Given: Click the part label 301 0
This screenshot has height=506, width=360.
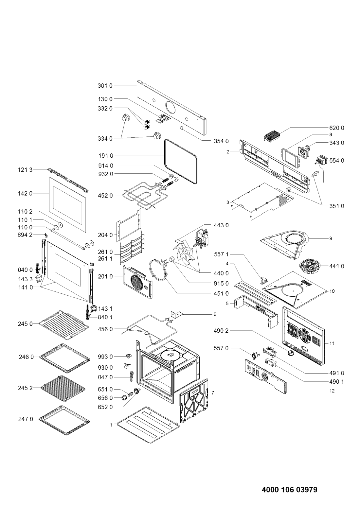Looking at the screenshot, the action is [x=105, y=86].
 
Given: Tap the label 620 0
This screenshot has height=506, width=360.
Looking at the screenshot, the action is [x=337, y=128].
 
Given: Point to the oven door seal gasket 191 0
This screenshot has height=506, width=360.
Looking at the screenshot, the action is [x=180, y=162].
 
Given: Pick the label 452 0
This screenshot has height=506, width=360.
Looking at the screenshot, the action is [x=105, y=195].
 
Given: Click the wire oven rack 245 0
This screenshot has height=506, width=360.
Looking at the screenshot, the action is [x=64, y=325].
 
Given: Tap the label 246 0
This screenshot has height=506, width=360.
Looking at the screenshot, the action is [x=27, y=357].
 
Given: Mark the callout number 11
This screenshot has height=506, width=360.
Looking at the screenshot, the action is [x=332, y=343].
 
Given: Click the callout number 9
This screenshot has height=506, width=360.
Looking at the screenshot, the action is [x=331, y=238].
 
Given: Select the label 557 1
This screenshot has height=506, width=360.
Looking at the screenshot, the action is [x=221, y=254].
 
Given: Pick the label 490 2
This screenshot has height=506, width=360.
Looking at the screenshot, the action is [x=221, y=331].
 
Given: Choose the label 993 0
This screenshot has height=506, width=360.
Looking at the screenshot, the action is [x=105, y=357].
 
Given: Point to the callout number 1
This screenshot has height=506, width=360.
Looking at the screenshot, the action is [x=111, y=425].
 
